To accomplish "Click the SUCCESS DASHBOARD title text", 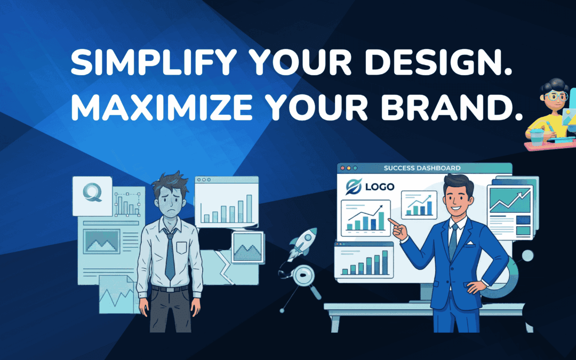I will click(x=422, y=169).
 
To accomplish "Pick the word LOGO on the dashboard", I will click(x=380, y=187).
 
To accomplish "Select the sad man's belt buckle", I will click(x=170, y=289).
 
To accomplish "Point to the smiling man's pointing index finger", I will click(x=391, y=221).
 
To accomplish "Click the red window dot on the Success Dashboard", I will click(x=343, y=168).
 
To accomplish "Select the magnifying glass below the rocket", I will click(x=303, y=277).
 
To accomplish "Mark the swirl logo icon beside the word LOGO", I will click(x=354, y=187).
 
